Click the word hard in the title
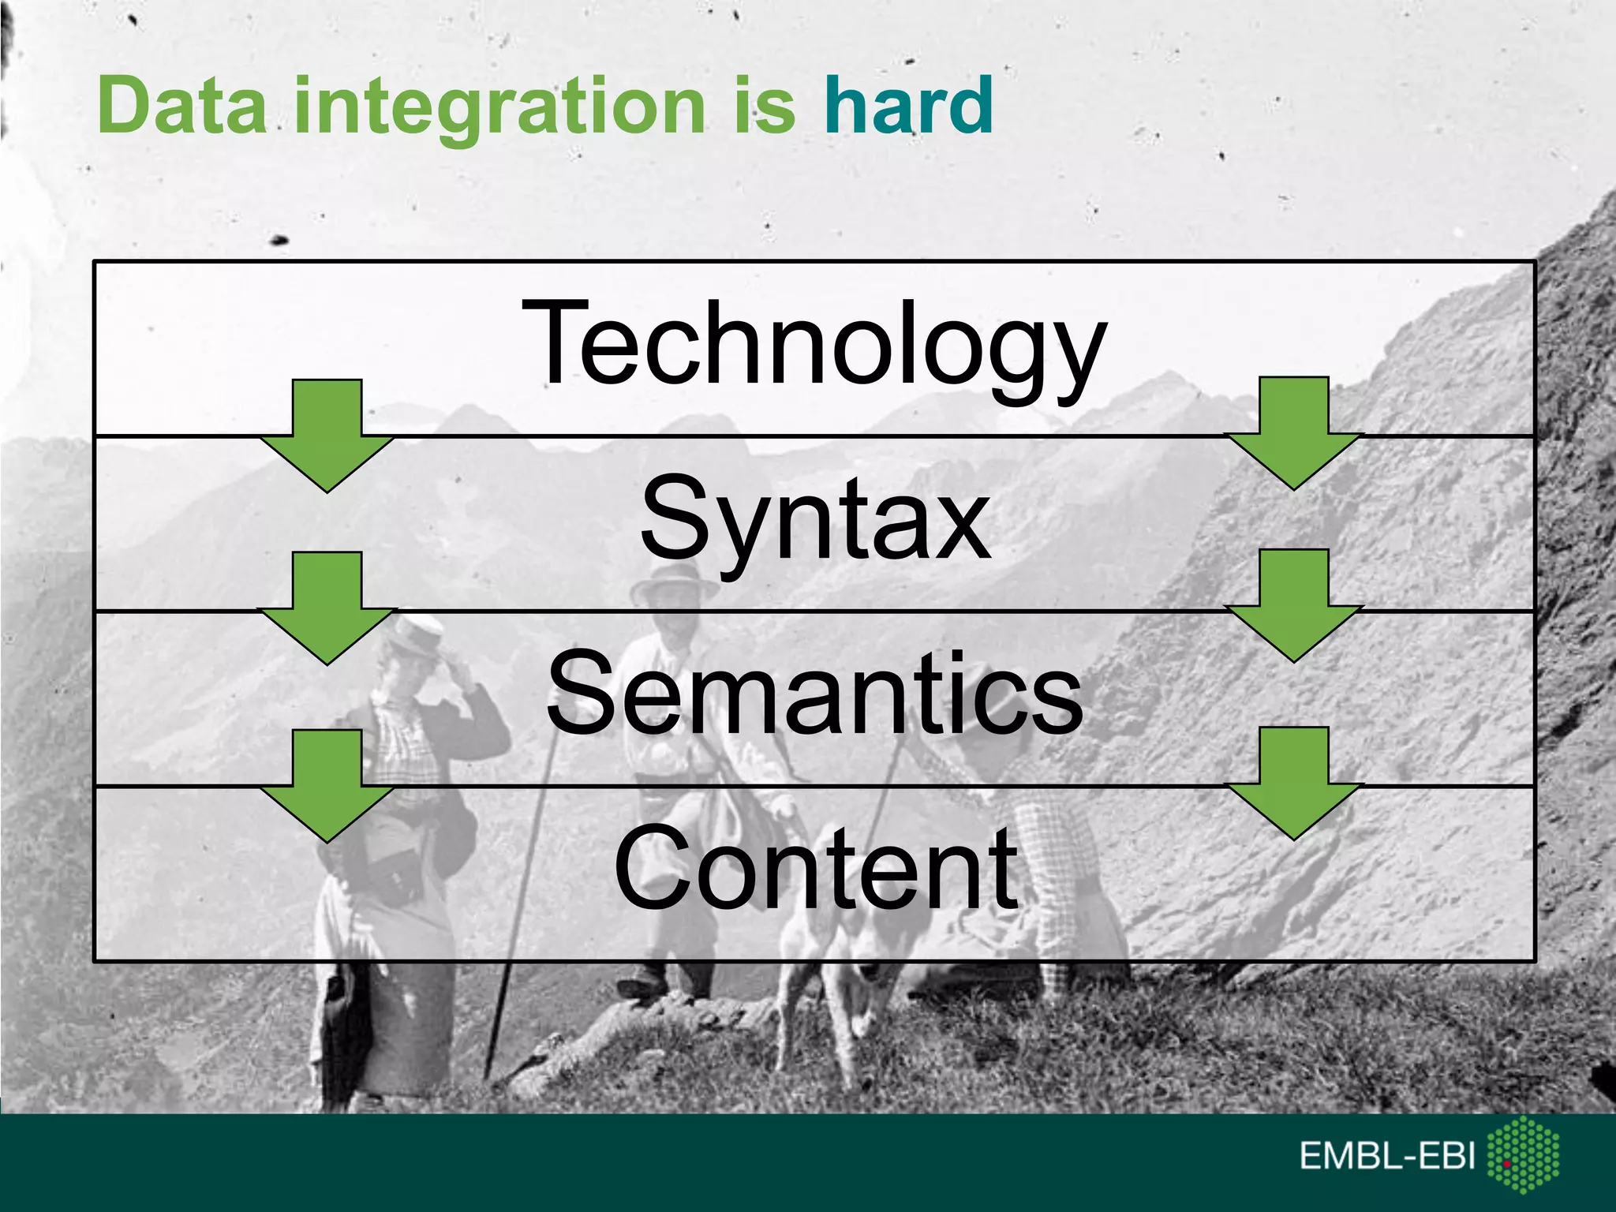pos(908,106)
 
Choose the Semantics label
pos(814,692)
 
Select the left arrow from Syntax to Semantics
pos(327,608)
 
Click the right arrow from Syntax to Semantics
pos(1293,606)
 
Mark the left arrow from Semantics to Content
pos(327,786)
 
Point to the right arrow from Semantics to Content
pos(1293,784)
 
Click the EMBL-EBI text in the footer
pos(1386,1156)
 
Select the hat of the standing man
pos(673,582)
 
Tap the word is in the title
pos(765,106)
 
